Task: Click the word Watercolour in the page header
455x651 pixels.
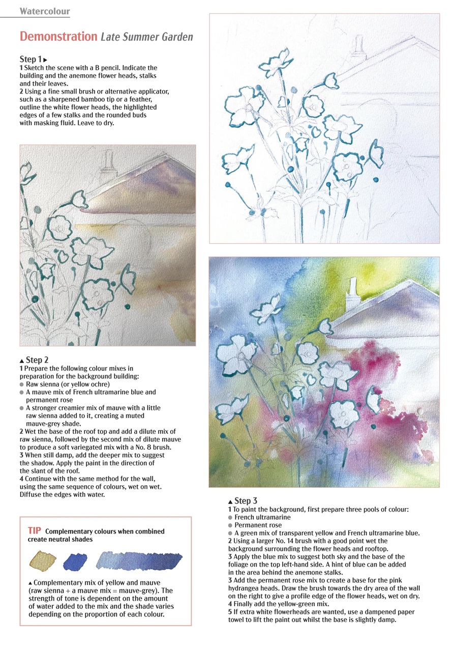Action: (45, 11)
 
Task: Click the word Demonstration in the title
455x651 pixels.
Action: (58, 37)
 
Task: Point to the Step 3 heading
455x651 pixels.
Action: (246, 501)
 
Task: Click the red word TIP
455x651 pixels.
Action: (35, 531)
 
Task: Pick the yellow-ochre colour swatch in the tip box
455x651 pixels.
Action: (43, 560)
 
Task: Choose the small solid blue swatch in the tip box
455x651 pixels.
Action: (75, 561)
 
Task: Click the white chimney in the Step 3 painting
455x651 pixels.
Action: (352, 294)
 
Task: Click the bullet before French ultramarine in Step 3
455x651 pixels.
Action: (231, 517)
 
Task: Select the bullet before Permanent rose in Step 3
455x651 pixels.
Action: (231, 525)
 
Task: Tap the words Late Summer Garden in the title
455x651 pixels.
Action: (146, 37)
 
